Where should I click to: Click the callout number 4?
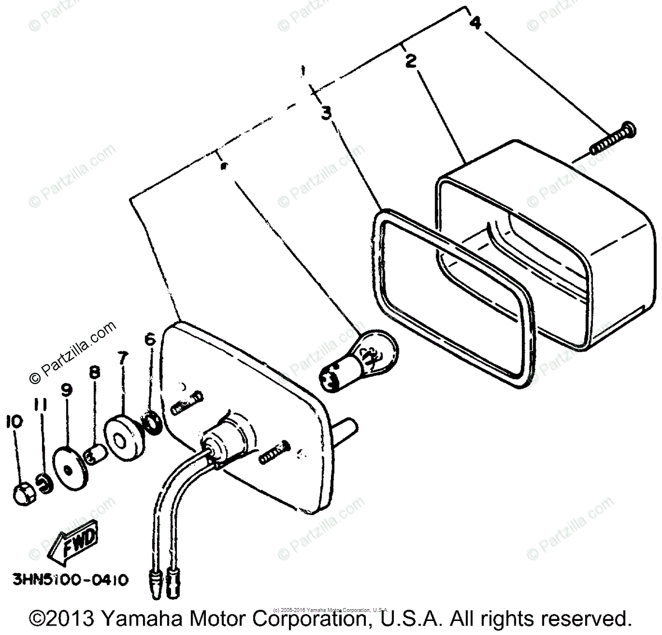pos(475,23)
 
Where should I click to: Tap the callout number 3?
pos(327,113)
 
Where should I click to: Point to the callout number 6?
pos(149,339)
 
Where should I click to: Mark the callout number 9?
pos(67,389)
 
